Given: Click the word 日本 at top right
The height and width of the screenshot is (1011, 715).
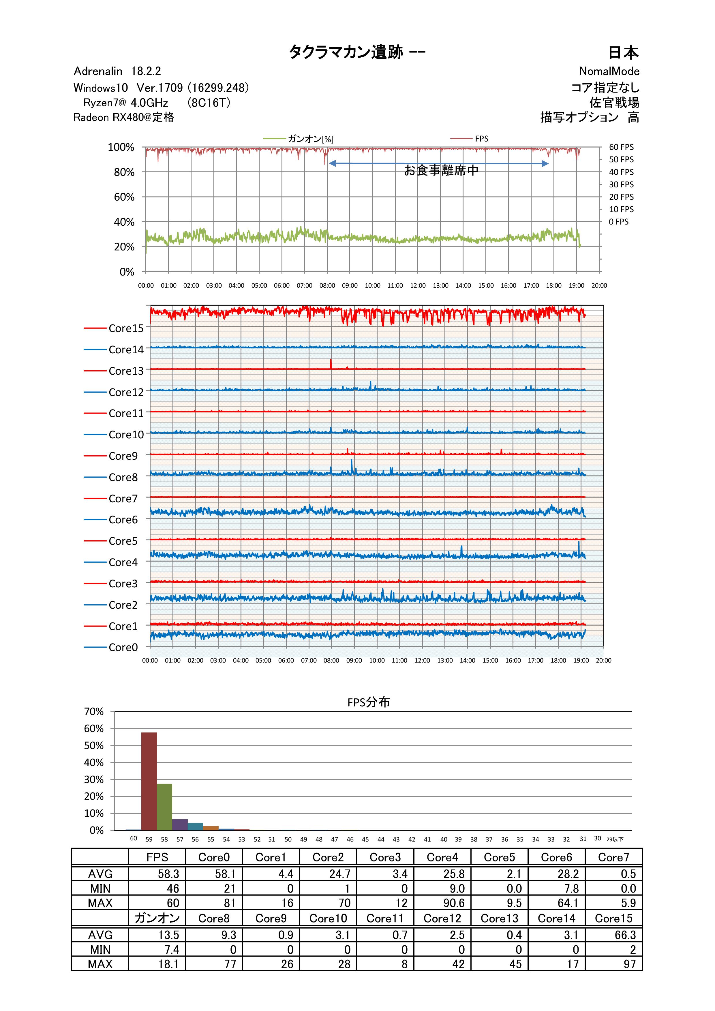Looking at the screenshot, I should click(623, 53).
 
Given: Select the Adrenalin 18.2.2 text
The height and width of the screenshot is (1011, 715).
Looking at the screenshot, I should click(117, 71).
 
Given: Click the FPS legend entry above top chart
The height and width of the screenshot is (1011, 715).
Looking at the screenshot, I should click(481, 139).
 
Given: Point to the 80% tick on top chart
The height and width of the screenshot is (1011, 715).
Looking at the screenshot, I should click(124, 172).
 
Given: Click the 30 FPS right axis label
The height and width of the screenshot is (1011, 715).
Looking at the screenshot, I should click(621, 184).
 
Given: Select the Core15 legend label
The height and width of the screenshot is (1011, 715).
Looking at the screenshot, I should click(126, 329).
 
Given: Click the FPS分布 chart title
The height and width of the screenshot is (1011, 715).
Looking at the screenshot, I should click(368, 702).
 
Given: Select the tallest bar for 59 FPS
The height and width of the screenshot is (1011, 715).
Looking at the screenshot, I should click(149, 782).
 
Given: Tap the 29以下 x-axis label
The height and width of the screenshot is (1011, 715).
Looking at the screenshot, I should click(615, 839).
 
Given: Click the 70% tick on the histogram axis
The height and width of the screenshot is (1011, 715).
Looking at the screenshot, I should click(94, 712).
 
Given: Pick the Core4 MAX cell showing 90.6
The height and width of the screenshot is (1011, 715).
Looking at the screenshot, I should click(453, 903).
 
